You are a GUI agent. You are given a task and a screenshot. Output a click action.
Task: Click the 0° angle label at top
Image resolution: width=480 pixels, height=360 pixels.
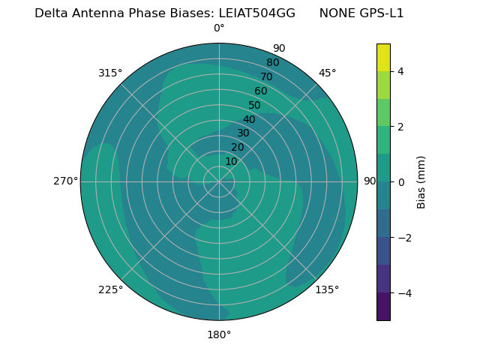tap(219, 28)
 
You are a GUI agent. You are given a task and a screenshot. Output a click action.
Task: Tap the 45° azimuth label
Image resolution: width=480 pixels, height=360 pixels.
tap(327, 73)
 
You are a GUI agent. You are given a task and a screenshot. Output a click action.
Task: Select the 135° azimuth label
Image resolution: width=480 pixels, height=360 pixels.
tap(327, 289)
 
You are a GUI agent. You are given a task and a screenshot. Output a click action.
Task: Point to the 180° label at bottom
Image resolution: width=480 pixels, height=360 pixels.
tap(219, 334)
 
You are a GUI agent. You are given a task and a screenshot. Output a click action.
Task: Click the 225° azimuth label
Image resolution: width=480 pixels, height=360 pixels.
tap(110, 289)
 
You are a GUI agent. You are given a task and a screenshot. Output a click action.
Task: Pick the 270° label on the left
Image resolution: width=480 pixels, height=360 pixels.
tap(65, 181)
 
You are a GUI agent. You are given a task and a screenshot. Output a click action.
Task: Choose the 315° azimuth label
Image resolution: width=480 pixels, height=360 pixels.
tap(110, 73)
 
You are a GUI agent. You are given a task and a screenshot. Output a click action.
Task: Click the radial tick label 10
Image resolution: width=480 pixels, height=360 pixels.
tap(231, 162)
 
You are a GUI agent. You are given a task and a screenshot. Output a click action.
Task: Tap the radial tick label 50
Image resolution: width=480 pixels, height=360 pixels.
tap(255, 106)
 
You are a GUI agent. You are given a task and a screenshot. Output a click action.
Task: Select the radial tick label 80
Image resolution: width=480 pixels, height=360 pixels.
tap(273, 63)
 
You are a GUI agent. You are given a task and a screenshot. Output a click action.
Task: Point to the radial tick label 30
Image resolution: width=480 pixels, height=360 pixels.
tap(243, 133)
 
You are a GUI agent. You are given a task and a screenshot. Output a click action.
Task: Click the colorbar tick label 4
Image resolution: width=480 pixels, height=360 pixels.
tap(401, 71)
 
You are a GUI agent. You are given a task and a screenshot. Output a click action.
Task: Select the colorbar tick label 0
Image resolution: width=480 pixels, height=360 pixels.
tap(401, 182)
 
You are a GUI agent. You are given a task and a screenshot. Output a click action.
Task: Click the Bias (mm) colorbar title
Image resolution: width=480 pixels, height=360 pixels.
tap(421, 181)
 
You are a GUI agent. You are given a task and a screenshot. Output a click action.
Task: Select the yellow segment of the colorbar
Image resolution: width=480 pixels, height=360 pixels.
tap(383, 58)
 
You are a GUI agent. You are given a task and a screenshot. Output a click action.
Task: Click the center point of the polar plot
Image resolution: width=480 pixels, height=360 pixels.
tap(219, 181)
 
